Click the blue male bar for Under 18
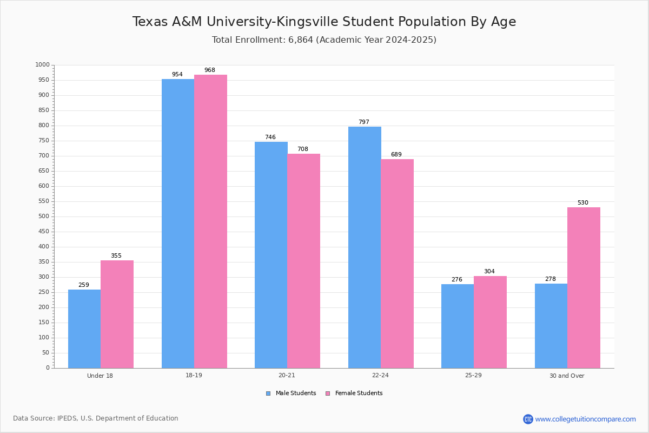(x=84, y=329)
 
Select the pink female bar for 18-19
(x=210, y=221)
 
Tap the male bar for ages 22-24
(x=365, y=247)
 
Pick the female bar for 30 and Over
(x=584, y=288)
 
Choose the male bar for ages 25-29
(x=458, y=326)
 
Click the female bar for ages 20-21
(x=303, y=261)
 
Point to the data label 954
(x=177, y=75)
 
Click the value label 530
(x=583, y=203)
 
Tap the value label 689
(x=396, y=155)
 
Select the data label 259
(x=84, y=285)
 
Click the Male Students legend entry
(x=291, y=393)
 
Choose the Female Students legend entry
(x=354, y=393)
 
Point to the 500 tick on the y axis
(x=44, y=216)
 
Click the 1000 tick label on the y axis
(x=43, y=65)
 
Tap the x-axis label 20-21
(x=287, y=375)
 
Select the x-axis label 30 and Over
(x=567, y=376)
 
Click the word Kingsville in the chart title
(x=307, y=22)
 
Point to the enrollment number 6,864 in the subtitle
(x=301, y=40)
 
